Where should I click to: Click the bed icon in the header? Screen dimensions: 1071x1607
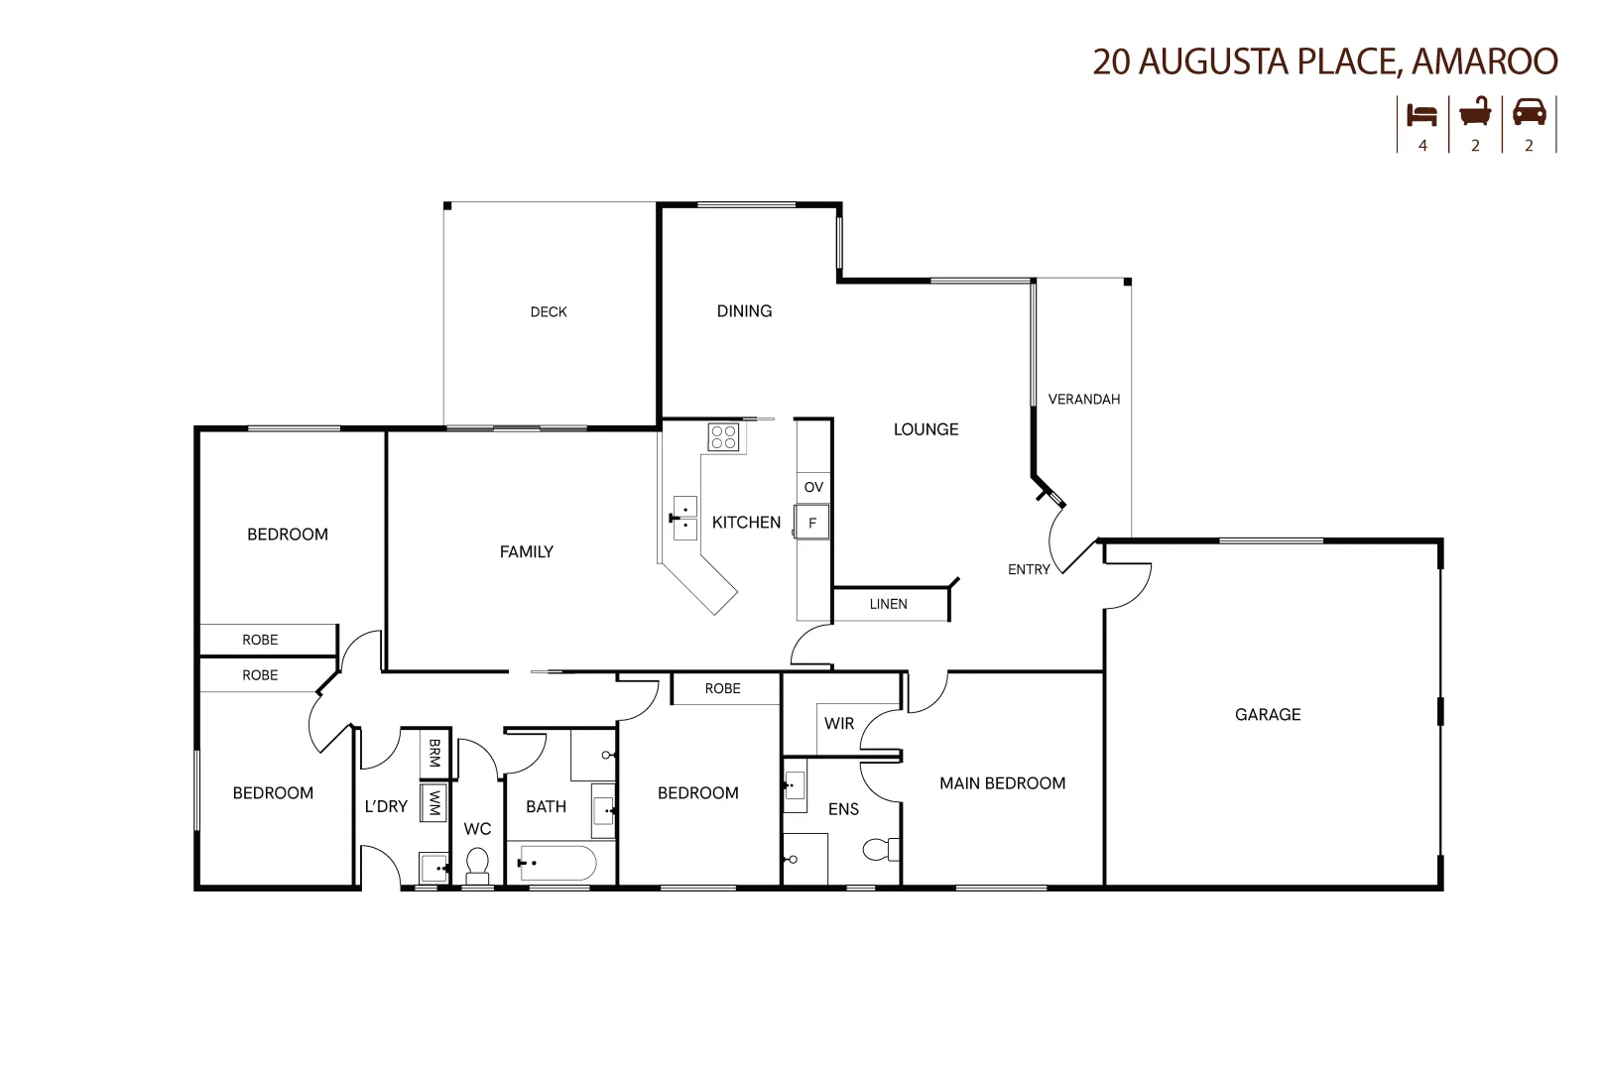[x=1422, y=114]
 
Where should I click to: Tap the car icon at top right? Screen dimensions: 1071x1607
[x=1529, y=112]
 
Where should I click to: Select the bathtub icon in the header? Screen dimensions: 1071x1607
[x=1475, y=112]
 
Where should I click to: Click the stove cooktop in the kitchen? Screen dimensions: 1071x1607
[x=723, y=437]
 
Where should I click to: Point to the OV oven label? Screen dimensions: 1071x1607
[x=813, y=487]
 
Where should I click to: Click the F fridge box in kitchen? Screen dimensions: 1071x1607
[x=812, y=523]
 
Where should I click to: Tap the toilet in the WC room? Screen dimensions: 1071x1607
[x=477, y=866]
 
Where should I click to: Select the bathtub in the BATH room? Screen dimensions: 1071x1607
[x=557, y=863]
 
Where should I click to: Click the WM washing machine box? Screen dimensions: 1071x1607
[x=433, y=802]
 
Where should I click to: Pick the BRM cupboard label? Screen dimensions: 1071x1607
[x=433, y=753]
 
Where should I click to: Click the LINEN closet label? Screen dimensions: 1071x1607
[x=888, y=604]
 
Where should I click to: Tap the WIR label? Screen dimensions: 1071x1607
[x=839, y=724]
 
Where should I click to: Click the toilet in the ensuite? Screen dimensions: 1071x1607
[x=880, y=849]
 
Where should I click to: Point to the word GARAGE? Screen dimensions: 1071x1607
[x=1267, y=714]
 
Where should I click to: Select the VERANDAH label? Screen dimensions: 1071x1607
[x=1083, y=400]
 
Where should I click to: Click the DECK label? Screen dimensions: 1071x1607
[x=549, y=312]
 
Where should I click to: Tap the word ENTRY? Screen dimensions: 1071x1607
[x=1029, y=569]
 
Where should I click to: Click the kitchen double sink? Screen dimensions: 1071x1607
[x=684, y=518]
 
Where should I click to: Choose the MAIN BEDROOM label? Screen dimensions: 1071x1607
[x=1002, y=783]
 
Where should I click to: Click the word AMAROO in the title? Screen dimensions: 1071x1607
[x=1484, y=61]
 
